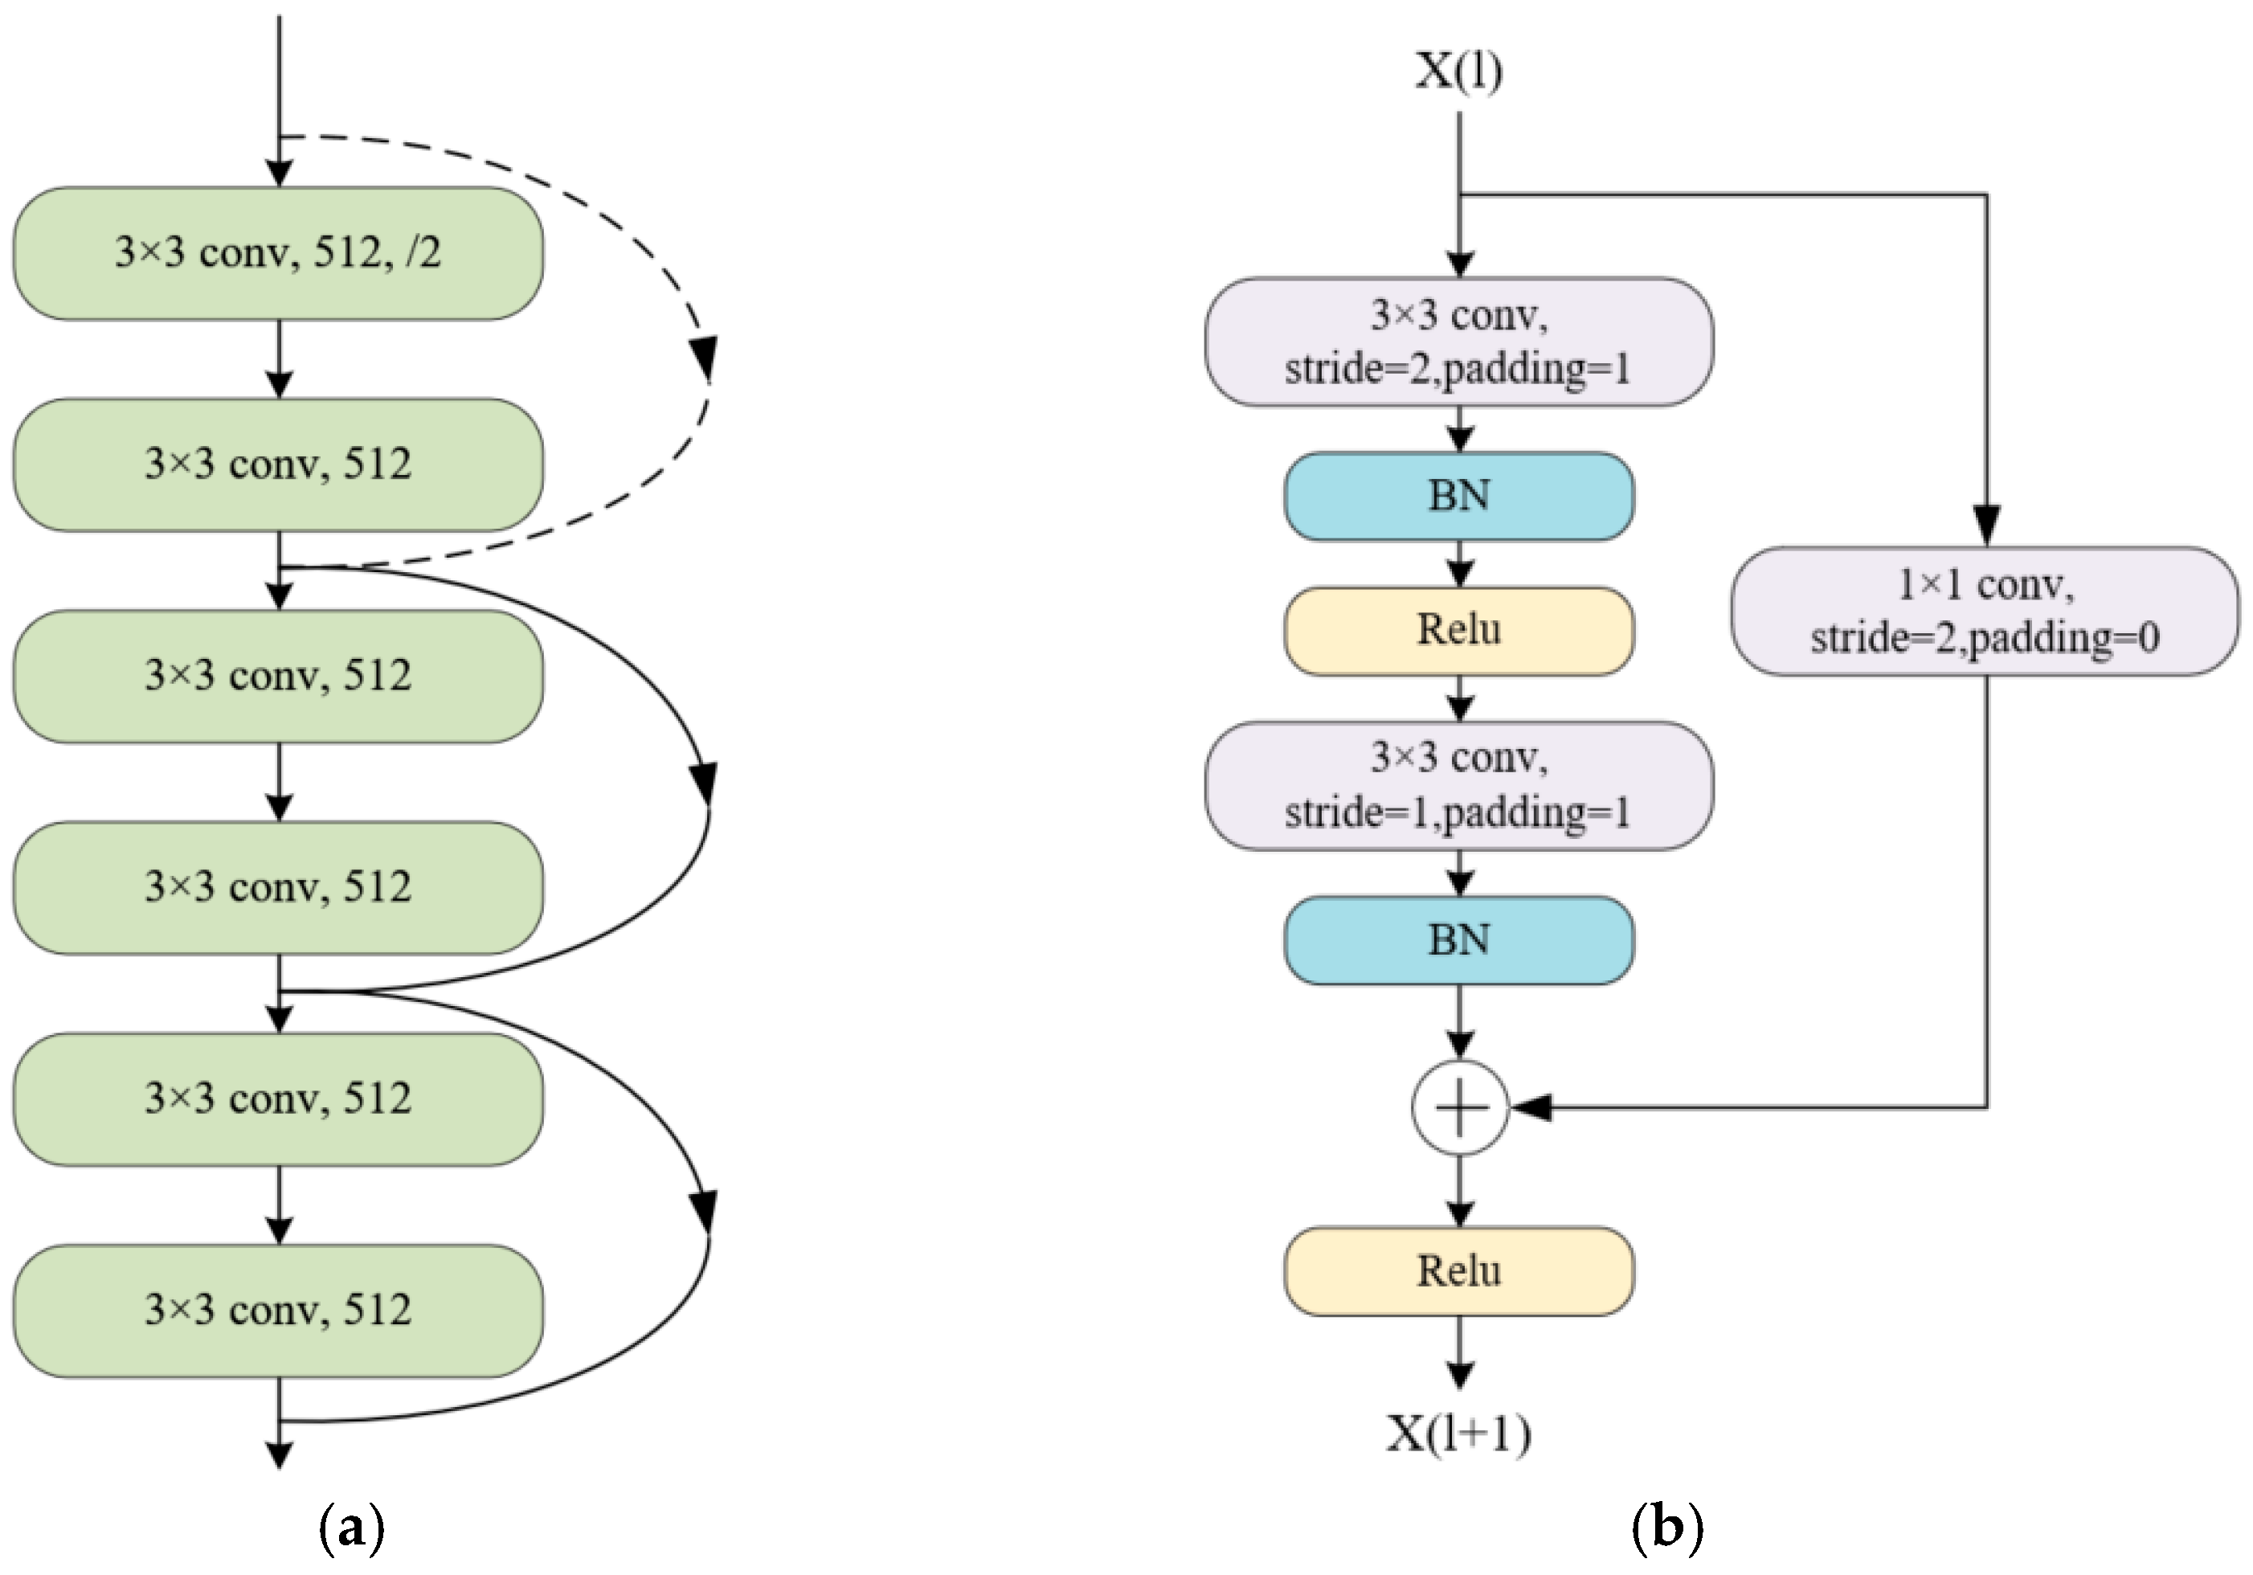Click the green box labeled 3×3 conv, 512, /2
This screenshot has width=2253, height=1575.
278,253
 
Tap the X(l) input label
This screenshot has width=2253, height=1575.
1458,71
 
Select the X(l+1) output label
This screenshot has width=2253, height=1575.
1458,1434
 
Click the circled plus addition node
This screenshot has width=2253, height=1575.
1459,1108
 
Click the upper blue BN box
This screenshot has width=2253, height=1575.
1459,496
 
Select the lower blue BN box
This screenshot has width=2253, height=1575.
1459,940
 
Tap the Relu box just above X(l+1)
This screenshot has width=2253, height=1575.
1459,1270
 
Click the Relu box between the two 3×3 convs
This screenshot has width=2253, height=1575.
1459,630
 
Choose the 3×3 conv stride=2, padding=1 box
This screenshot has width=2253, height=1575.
1459,342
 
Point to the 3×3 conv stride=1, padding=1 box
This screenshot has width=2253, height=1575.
1459,785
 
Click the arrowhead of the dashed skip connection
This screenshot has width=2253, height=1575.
704,358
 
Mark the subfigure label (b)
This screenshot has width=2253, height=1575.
1667,1528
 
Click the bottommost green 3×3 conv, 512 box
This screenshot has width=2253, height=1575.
278,1310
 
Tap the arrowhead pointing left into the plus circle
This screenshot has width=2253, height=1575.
1531,1108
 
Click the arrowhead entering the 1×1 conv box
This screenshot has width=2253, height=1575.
1986,525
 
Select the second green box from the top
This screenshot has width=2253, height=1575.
278,464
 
